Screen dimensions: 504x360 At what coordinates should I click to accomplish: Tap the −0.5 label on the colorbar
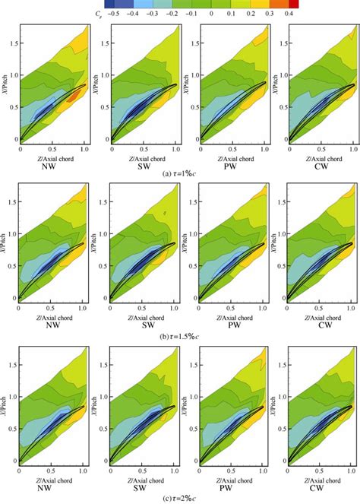click(x=115, y=13)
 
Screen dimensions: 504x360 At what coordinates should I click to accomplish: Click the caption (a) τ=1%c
click(x=180, y=173)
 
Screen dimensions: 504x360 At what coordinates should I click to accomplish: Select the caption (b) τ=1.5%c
click(x=180, y=335)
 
